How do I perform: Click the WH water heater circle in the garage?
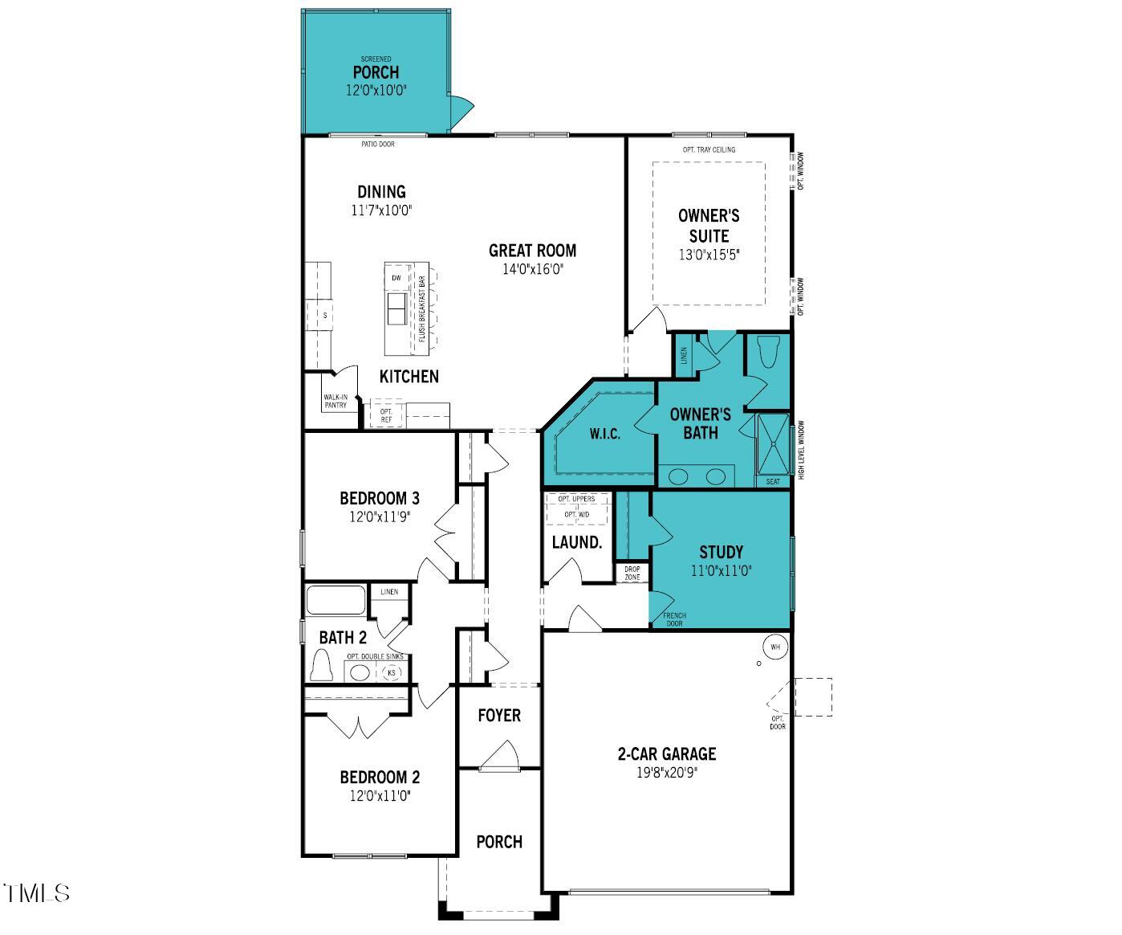774,647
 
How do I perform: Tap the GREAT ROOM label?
532,251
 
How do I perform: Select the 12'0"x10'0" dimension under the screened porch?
376,91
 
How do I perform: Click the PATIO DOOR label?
377,145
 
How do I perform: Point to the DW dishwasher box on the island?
396,278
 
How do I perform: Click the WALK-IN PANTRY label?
335,401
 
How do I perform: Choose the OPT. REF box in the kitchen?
386,415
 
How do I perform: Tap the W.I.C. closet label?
604,434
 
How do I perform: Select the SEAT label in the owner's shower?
772,482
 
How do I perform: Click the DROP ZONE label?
632,573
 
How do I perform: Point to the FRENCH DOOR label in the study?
674,619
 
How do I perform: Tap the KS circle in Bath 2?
392,672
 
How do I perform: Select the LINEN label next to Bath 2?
389,592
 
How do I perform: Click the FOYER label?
498,715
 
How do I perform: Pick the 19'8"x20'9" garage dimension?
666,774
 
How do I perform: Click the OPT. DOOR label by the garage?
777,723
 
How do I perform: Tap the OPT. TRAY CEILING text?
709,150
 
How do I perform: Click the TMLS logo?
36,892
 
